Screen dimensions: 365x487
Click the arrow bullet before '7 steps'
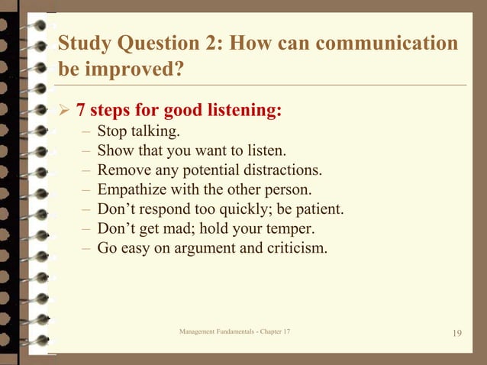65,112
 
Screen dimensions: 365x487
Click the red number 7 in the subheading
81,111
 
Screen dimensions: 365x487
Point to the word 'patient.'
318,209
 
